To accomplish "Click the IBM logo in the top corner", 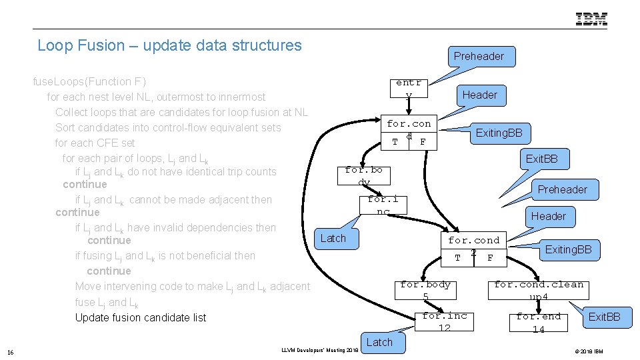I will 591,19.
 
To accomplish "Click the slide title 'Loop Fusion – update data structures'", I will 169,45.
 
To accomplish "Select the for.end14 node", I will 538,322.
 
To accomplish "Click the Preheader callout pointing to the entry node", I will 479,57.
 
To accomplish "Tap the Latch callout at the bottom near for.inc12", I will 379,342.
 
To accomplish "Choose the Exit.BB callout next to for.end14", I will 604,317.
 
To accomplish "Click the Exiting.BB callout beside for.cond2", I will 568,250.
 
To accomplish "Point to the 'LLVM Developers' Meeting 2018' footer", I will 319,350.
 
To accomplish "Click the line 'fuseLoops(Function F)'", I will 89,81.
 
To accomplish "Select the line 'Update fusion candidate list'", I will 141,317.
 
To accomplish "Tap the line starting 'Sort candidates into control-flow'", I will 168,127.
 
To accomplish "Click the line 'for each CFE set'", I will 95,143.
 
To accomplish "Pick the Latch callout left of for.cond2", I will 333,238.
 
